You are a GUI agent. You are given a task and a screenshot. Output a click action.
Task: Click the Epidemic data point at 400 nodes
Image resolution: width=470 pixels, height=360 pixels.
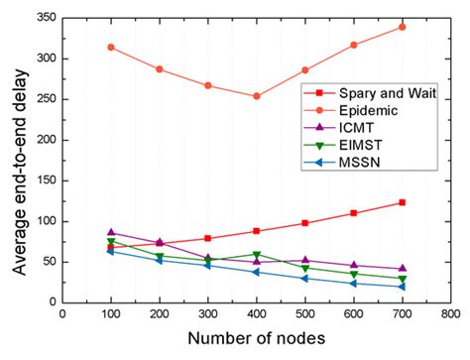pos(257,96)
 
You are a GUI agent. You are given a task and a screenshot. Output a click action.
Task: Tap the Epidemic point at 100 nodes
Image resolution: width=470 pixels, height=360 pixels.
pos(111,47)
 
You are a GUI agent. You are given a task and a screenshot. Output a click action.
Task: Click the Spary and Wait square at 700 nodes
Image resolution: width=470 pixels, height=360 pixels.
pos(403,202)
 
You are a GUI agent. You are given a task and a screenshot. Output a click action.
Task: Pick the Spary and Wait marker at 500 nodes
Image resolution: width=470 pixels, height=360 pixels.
pos(305,223)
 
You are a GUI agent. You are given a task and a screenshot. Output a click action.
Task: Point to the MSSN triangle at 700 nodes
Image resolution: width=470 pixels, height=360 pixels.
pos(403,287)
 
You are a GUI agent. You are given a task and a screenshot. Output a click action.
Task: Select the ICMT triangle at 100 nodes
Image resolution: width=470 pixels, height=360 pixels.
pos(111,232)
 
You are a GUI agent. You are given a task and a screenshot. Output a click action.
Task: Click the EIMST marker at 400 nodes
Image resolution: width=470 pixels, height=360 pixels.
pos(257,254)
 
